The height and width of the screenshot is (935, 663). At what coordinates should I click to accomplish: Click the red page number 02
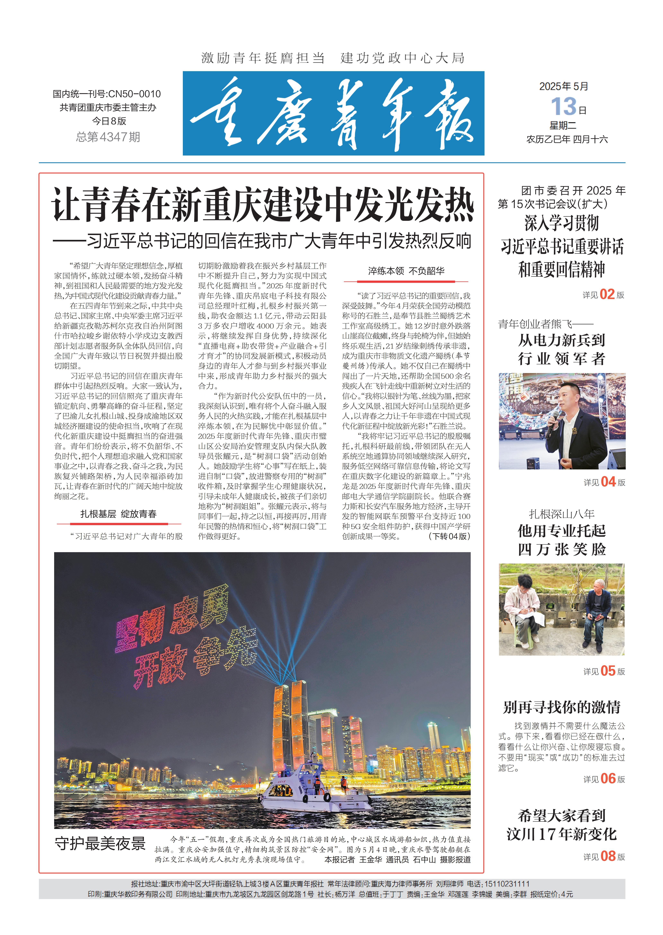[x=607, y=294]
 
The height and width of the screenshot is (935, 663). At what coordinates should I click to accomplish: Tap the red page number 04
[x=608, y=482]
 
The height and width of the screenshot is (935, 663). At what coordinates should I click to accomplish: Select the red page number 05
[x=608, y=671]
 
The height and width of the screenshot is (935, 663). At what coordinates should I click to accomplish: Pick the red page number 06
[x=608, y=779]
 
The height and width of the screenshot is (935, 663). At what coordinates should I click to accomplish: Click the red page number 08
[x=608, y=856]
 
